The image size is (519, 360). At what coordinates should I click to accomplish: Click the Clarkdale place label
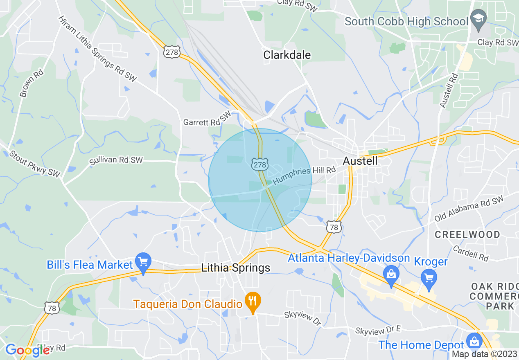pos(287,55)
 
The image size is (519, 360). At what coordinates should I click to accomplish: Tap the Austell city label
pos(360,161)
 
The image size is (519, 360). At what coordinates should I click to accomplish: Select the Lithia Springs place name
pos(236,268)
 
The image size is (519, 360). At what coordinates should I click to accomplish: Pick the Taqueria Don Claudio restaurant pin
pos(253,302)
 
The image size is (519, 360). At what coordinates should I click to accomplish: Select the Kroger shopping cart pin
pos(429,278)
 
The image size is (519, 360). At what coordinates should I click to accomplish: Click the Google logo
pos(27,350)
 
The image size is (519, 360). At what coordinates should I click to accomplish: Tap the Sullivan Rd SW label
pos(116,160)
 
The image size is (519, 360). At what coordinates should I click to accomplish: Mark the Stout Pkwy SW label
pos(35,164)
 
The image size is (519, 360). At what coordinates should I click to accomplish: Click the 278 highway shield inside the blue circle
pos(259,164)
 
